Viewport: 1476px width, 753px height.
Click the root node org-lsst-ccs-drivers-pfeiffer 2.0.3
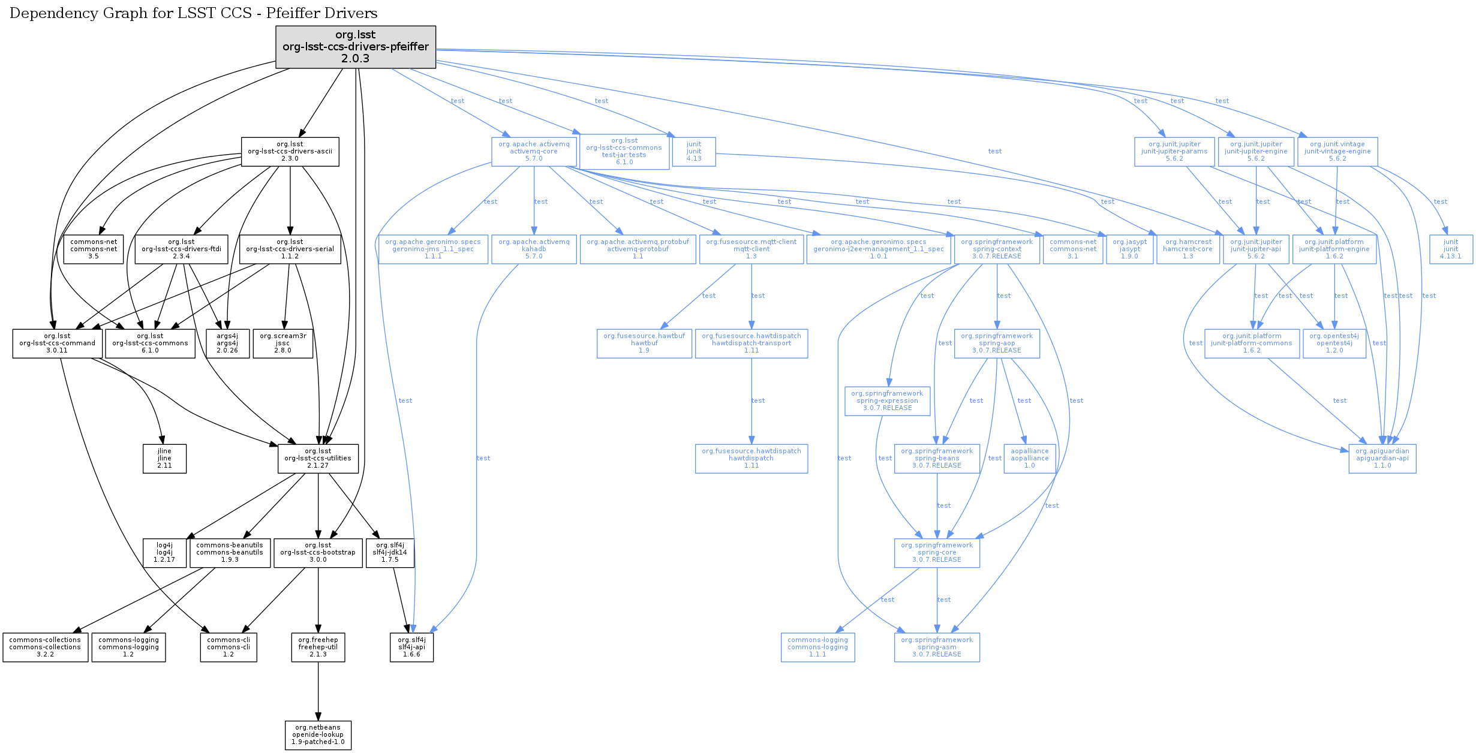[356, 47]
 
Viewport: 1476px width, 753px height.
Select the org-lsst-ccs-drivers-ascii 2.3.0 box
[290, 152]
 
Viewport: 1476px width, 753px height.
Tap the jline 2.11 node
[164, 459]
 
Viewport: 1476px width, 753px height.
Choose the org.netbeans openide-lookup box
[318, 735]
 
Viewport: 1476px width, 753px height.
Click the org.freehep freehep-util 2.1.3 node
[318, 647]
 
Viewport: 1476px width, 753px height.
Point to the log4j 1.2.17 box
[164, 553]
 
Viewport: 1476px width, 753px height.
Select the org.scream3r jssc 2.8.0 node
[283, 344]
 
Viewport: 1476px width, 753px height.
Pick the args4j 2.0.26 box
[227, 344]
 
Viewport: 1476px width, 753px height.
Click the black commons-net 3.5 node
[94, 249]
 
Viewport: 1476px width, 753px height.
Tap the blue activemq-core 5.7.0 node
[534, 152]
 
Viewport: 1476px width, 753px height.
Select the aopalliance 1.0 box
[1030, 459]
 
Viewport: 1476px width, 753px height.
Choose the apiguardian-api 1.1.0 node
[1382, 459]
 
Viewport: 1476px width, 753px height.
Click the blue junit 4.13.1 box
[1451, 249]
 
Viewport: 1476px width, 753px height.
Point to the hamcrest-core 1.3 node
[1188, 249]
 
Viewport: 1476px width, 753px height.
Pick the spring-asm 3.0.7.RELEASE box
[937, 647]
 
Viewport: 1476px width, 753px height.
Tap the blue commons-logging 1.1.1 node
[817, 647]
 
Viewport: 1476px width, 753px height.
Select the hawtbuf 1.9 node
[644, 344]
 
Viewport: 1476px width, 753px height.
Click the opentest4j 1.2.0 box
[1334, 344]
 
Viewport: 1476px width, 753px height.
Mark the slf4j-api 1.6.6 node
[411, 647]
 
